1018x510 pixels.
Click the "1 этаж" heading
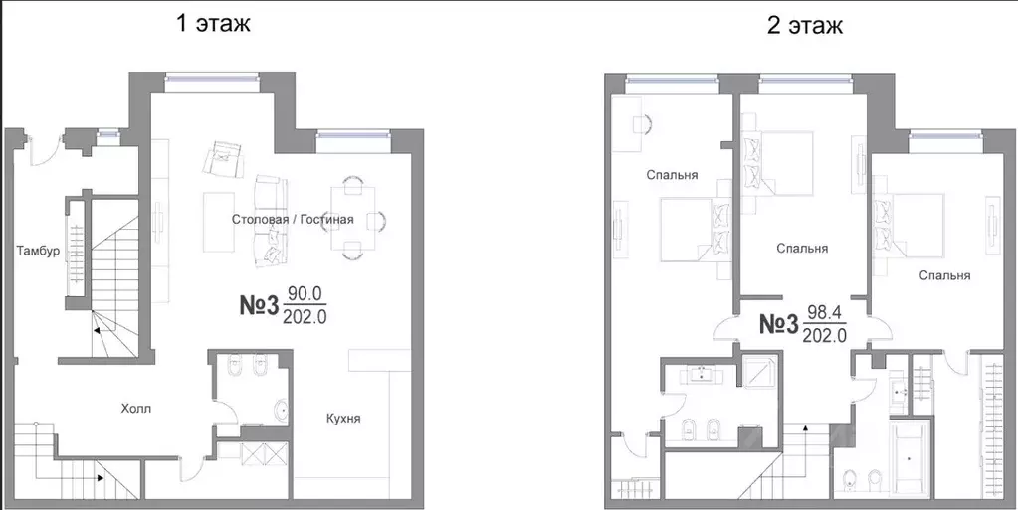(x=213, y=24)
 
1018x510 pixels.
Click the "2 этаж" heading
(x=805, y=26)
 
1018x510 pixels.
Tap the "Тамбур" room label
(x=39, y=252)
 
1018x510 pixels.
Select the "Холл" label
(x=137, y=409)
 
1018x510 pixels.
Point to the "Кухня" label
(x=343, y=418)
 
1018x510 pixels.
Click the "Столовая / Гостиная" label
(x=293, y=220)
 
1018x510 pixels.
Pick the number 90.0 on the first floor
(x=305, y=294)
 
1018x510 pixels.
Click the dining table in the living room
(x=353, y=218)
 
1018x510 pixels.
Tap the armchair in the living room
(x=223, y=159)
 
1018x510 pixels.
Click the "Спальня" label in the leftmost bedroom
(x=672, y=175)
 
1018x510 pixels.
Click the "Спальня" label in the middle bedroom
(x=802, y=248)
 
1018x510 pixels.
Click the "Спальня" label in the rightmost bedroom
(x=944, y=275)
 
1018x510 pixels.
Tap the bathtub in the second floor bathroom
(x=909, y=459)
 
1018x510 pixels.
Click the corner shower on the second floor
(x=760, y=372)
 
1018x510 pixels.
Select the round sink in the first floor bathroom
(x=283, y=411)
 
